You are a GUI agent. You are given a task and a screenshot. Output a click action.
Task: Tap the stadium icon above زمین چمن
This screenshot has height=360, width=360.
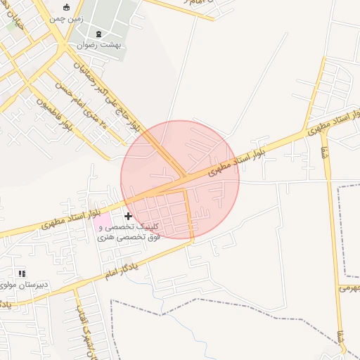point(67,8)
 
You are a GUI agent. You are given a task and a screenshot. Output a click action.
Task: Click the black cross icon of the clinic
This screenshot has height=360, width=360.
point(128,216)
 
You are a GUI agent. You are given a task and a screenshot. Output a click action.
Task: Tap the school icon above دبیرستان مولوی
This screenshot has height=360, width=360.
point(22,273)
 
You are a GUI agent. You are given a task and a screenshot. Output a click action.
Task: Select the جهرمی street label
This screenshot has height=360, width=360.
point(349,288)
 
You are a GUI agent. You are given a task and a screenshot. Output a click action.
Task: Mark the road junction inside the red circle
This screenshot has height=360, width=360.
point(185,176)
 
